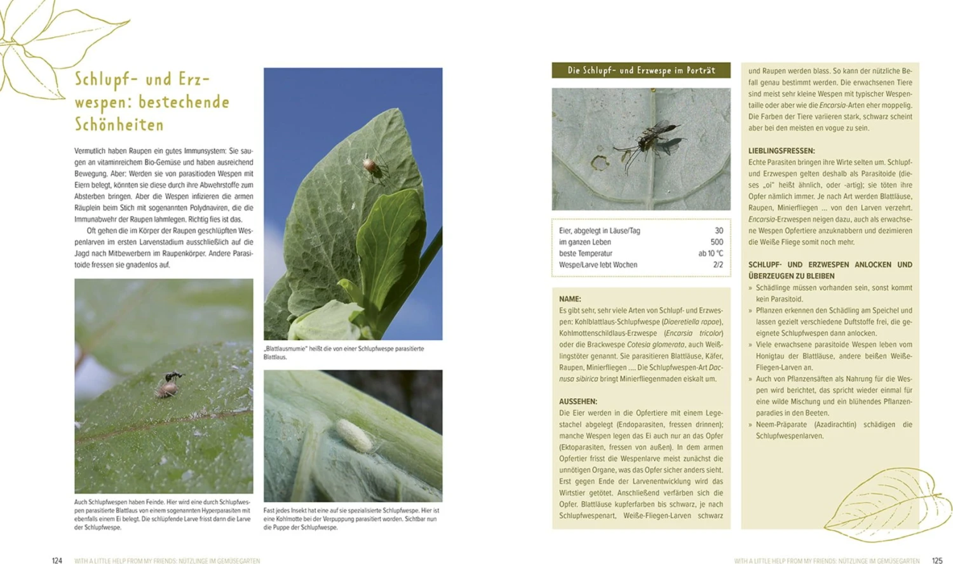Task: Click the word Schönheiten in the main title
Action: tap(119, 124)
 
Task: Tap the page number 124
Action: tap(57, 560)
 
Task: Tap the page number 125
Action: tap(937, 560)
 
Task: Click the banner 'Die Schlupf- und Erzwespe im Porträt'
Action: tap(641, 70)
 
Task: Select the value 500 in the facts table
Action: tap(717, 242)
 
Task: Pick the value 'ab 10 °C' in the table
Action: tap(710, 253)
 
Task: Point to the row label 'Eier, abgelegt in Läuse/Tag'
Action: tap(599, 231)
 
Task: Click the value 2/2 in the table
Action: tap(718, 265)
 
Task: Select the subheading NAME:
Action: tap(570, 299)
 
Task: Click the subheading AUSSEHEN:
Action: tap(578, 401)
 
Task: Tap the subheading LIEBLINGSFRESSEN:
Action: tap(781, 151)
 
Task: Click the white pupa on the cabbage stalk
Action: tap(353, 434)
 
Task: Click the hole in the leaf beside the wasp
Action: tap(598, 163)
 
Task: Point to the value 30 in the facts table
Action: tap(719, 231)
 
